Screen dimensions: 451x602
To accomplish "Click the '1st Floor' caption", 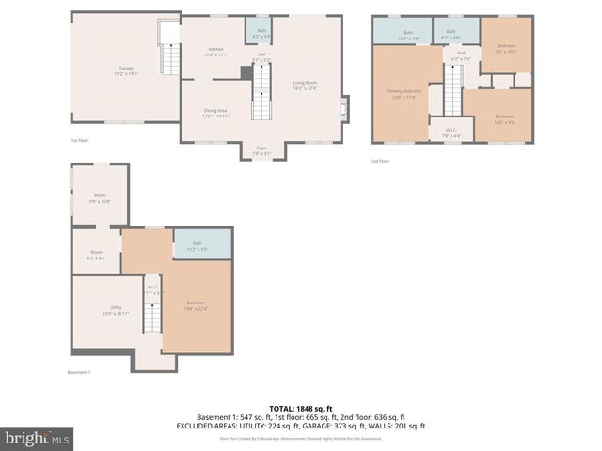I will (x=80, y=141).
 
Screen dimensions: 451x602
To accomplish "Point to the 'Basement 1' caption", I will (x=78, y=373).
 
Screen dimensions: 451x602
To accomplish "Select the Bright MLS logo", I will (x=38, y=438).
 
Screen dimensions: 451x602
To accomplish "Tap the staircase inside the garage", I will (x=169, y=60).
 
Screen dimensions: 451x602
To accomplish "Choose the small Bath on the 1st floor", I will (x=258, y=34).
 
